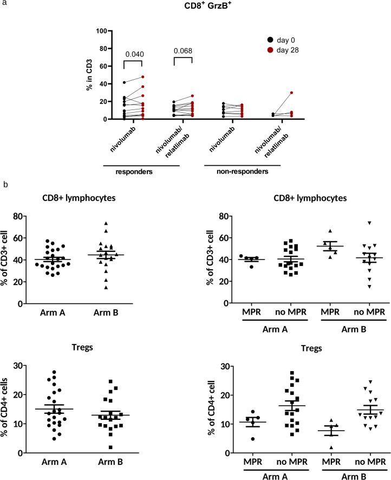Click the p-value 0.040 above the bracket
click(133, 54)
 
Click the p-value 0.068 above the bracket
click(183, 54)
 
